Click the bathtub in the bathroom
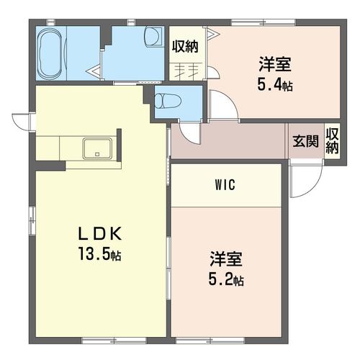(50, 53)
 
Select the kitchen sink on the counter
(97, 148)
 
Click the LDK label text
(100, 234)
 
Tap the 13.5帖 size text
(99, 254)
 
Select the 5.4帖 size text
(275, 84)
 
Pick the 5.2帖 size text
(226, 279)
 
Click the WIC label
(225, 185)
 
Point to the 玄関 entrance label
(306, 141)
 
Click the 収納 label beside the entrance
(332, 141)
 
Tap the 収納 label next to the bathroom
(185, 47)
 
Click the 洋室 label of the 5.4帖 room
(275, 64)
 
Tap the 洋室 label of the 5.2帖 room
(226, 259)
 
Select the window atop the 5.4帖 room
(263, 22)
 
